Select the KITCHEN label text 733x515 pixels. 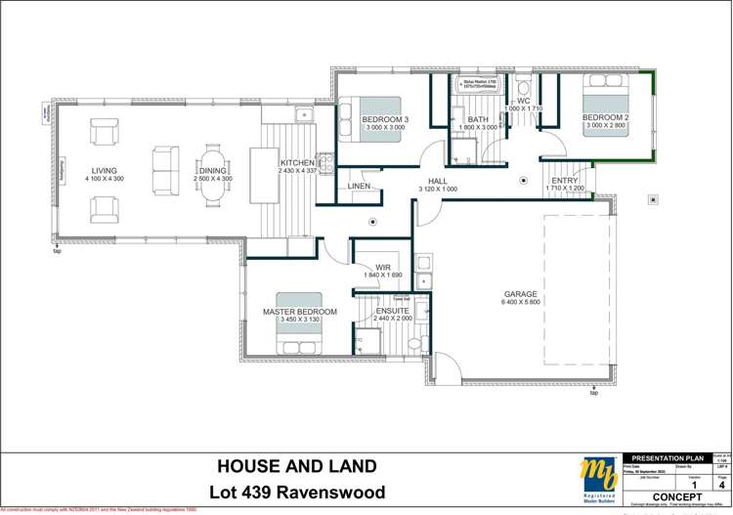[297, 162]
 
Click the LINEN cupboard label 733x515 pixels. [359, 186]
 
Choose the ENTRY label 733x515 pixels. [564, 181]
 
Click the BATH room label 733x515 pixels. [478, 119]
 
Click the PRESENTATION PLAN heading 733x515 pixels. [668, 457]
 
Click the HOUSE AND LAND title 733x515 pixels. [295, 465]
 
